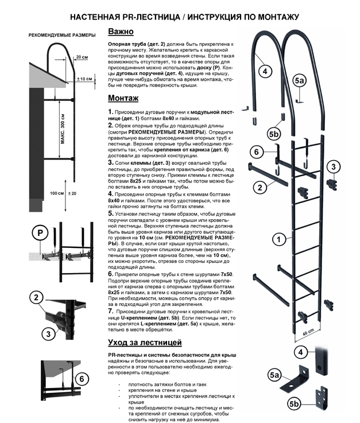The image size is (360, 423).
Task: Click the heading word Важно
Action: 121,32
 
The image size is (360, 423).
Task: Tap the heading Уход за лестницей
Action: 145,343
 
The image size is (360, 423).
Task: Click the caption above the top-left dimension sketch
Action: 62,36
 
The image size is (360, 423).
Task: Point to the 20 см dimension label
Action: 82,57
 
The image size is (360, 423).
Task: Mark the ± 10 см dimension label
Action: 84,79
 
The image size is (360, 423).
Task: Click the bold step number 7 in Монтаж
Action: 111,311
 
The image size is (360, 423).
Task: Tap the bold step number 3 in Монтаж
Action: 111,162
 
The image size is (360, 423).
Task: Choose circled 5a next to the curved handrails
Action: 300,81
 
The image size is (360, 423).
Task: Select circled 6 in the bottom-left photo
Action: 82,379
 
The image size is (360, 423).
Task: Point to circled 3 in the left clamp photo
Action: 48,333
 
